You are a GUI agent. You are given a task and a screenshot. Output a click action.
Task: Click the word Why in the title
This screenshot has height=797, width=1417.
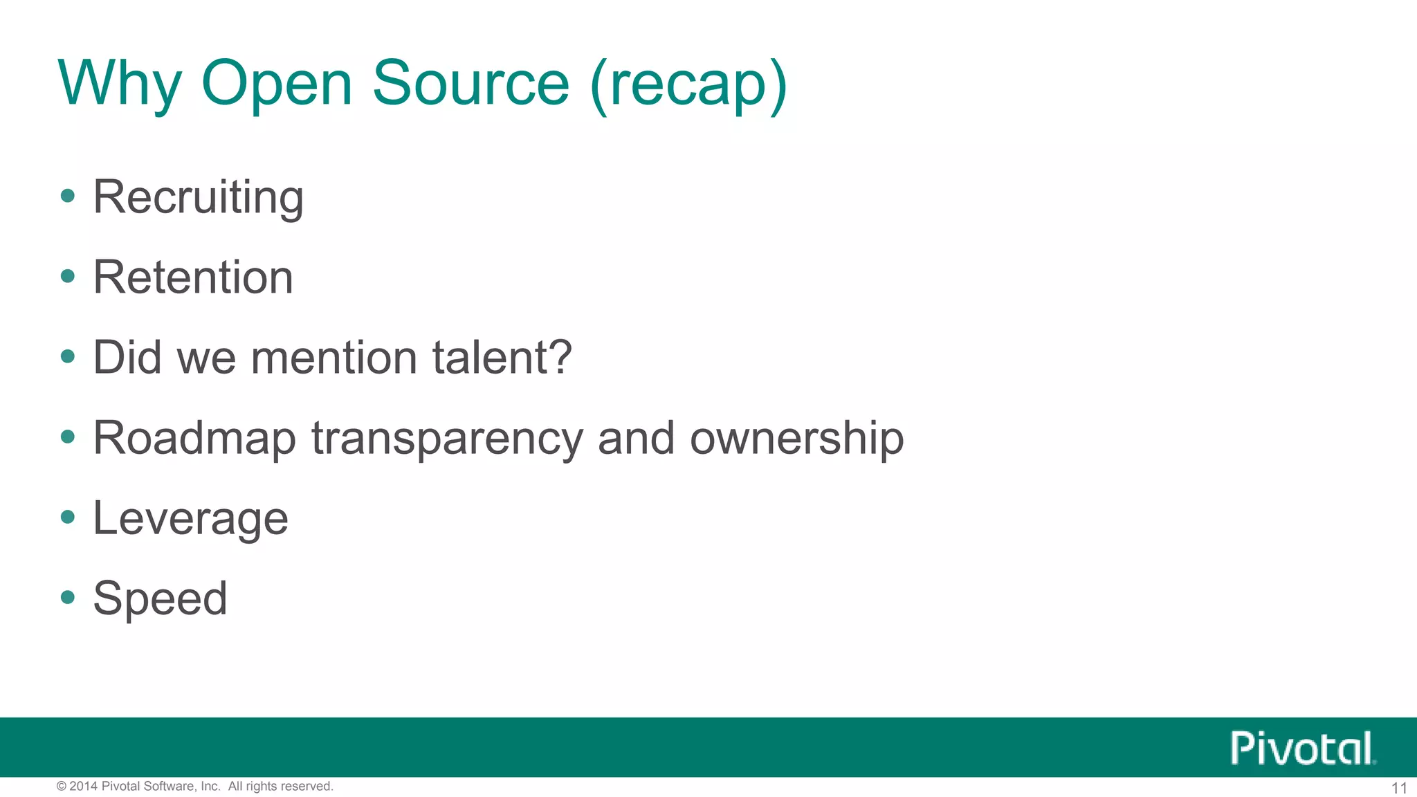point(119,84)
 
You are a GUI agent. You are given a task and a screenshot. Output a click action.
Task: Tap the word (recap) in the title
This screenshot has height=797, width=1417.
point(688,84)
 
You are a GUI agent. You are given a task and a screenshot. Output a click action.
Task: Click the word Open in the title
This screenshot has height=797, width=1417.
point(277,84)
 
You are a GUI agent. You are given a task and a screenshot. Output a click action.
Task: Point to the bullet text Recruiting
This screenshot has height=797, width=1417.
point(199,198)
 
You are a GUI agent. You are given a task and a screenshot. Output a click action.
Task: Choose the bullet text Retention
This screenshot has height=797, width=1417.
point(193,277)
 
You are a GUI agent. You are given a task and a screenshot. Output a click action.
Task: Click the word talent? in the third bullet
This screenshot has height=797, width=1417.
point(502,358)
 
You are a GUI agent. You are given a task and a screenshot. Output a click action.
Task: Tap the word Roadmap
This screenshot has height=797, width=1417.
point(194,439)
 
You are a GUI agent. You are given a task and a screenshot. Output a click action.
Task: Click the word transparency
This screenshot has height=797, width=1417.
point(448,439)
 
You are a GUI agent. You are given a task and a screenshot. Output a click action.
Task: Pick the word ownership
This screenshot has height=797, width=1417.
point(796,438)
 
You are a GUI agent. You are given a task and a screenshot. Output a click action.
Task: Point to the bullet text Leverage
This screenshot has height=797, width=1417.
point(190,519)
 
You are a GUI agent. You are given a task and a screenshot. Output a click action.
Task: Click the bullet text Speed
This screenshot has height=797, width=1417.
point(160,598)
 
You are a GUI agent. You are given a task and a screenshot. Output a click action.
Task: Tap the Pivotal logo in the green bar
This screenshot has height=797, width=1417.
point(1303,748)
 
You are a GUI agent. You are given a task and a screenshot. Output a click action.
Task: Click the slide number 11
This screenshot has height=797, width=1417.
point(1399,788)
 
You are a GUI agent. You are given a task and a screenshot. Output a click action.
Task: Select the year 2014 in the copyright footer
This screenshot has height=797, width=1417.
point(84,786)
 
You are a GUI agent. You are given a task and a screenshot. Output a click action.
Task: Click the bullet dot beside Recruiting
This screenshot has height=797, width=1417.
point(67,196)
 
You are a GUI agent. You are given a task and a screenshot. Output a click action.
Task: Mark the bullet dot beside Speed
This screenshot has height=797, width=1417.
point(67,596)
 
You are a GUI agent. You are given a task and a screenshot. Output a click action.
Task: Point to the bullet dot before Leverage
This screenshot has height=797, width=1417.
point(67,516)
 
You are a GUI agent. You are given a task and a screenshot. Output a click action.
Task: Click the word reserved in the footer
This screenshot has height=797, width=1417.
point(307,786)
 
